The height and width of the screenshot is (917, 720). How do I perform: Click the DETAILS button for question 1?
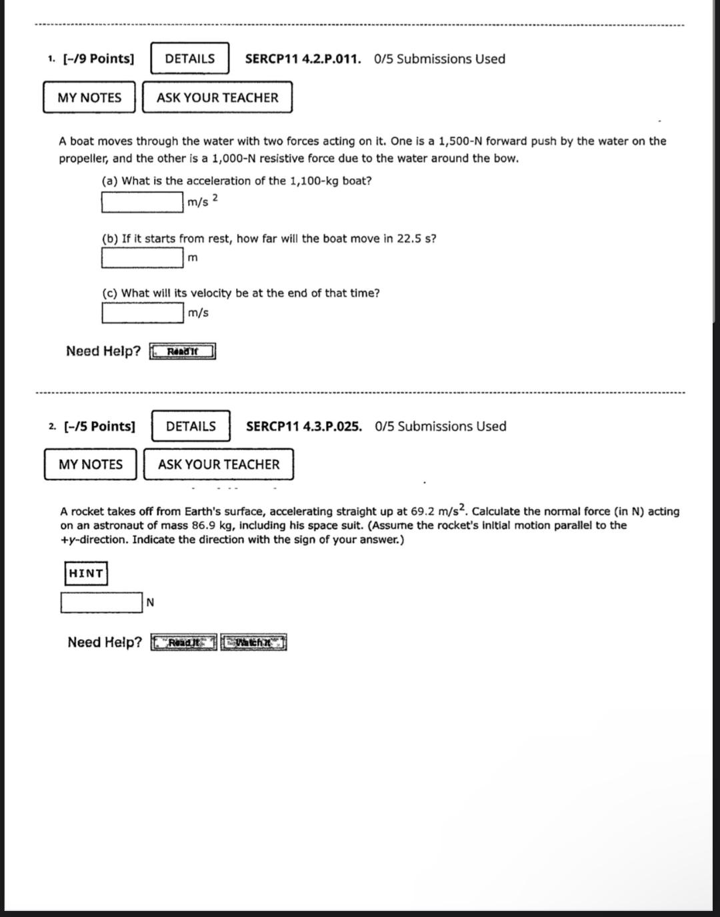190,59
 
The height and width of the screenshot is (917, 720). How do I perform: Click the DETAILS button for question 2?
191,427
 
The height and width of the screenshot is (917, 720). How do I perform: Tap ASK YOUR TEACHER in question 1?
217,98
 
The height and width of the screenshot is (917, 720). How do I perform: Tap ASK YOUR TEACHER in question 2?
219,464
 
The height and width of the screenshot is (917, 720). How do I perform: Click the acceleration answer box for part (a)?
143,202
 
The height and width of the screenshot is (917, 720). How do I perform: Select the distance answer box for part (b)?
143,257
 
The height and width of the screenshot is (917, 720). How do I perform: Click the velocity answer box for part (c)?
143,312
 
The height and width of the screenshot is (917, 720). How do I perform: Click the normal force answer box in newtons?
101,602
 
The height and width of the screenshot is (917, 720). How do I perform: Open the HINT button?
86,573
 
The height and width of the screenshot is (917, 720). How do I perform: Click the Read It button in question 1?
183,351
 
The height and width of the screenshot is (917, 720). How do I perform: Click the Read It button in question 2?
184,642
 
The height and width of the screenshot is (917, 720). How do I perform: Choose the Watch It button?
253,642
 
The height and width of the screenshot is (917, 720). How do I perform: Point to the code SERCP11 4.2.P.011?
303,59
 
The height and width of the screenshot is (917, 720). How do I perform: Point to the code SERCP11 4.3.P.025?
304,427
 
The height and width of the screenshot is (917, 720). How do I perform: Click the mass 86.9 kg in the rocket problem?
209,525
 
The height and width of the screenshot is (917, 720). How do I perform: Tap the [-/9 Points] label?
98,59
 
